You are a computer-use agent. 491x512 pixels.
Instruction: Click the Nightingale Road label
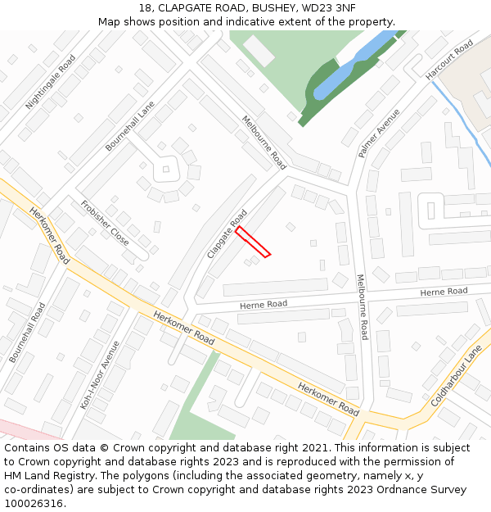51,82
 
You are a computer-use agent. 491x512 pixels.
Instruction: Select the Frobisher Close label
104,223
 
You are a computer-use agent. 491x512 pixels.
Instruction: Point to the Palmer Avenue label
378,133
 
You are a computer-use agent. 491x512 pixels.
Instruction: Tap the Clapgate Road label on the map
227,234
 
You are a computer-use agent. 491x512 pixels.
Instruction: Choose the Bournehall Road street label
28,333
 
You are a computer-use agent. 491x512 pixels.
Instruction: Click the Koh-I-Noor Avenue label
100,374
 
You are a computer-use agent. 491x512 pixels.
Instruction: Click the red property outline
253,242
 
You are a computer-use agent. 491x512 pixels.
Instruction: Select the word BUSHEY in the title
274,8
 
